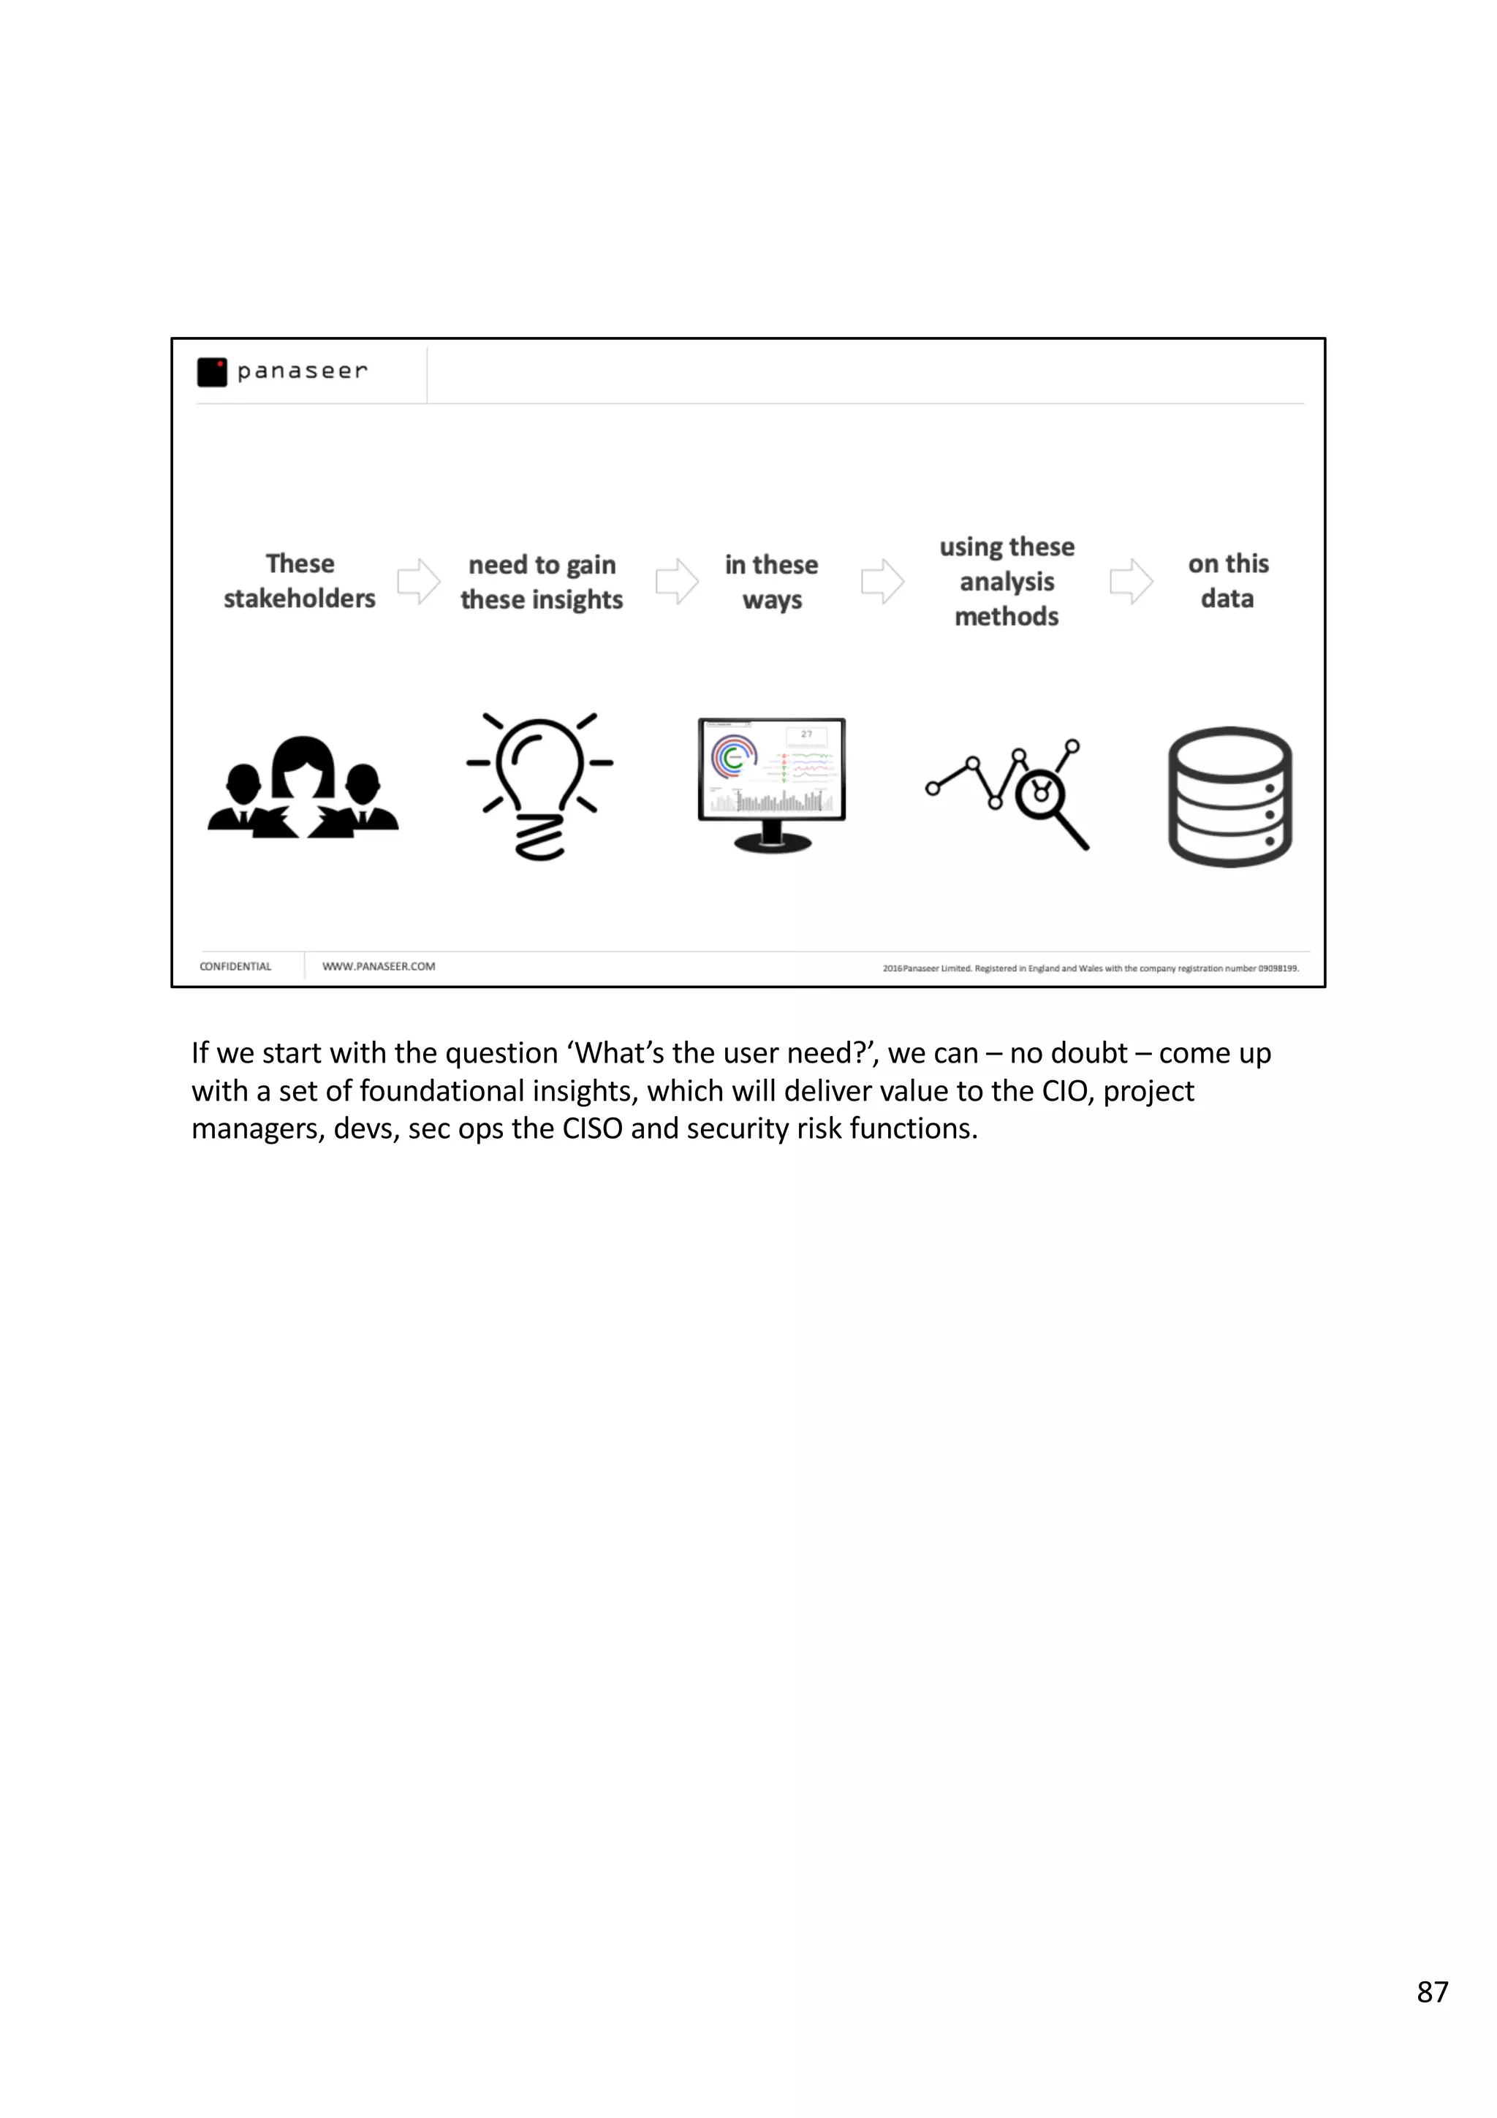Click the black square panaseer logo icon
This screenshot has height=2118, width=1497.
pos(212,372)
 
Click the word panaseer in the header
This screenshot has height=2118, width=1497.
pos(302,371)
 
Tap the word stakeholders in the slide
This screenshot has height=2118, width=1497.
pos(299,599)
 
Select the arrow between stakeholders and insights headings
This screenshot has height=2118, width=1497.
pos(419,581)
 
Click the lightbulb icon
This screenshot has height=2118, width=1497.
pos(539,784)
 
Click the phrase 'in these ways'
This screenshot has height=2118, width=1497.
pos(771,582)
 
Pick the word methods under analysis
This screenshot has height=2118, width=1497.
pos(1007,616)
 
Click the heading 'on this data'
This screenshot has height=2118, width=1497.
pos(1228,581)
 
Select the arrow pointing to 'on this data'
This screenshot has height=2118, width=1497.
pos(1131,581)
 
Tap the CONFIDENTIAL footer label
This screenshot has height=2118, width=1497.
pos(235,967)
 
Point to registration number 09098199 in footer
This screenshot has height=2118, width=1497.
pos(1278,968)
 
